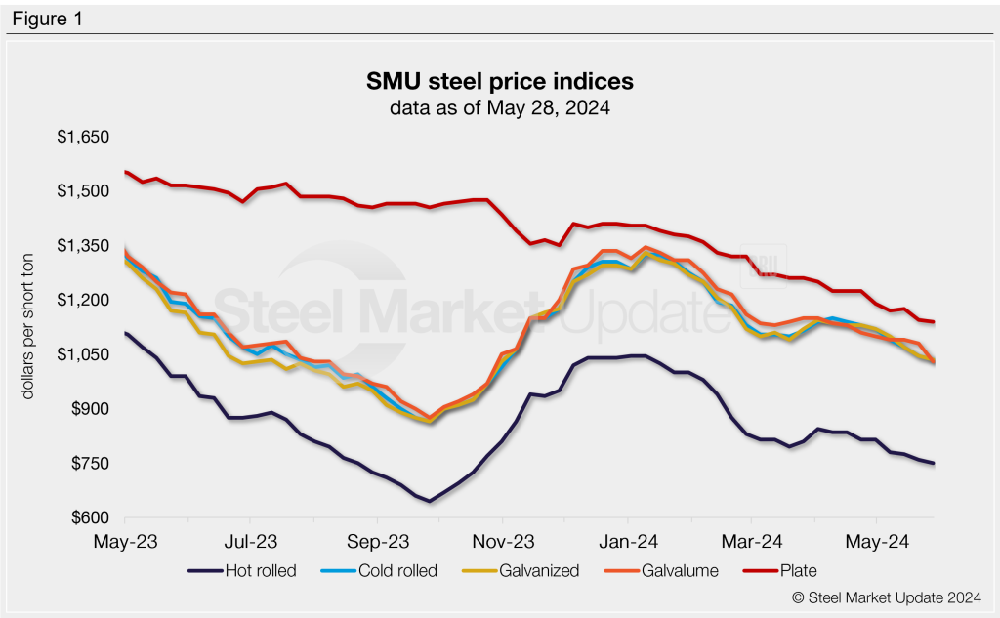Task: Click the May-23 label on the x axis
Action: [125, 540]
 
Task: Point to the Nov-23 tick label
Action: [501, 540]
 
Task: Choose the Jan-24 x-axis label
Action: [627, 540]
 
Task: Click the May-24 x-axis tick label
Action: [876, 540]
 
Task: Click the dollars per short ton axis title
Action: [30, 327]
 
